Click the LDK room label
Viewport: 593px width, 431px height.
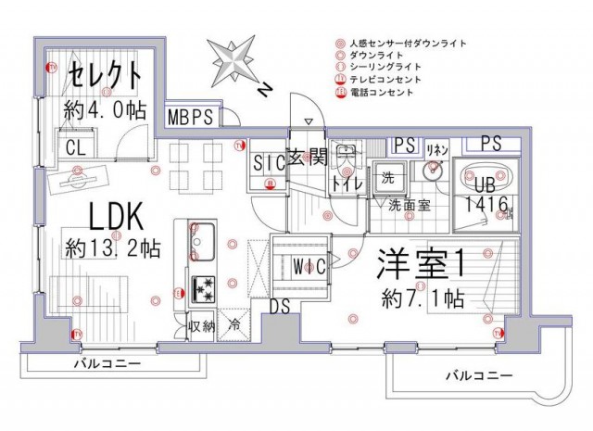[x=114, y=218]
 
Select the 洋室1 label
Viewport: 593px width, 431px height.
[x=420, y=265]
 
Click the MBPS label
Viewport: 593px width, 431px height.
[x=193, y=118]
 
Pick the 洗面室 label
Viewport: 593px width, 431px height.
[x=409, y=206]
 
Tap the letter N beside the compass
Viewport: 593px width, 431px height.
[x=266, y=90]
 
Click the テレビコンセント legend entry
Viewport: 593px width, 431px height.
[x=384, y=80]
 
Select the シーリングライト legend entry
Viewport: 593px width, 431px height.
[x=384, y=68]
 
